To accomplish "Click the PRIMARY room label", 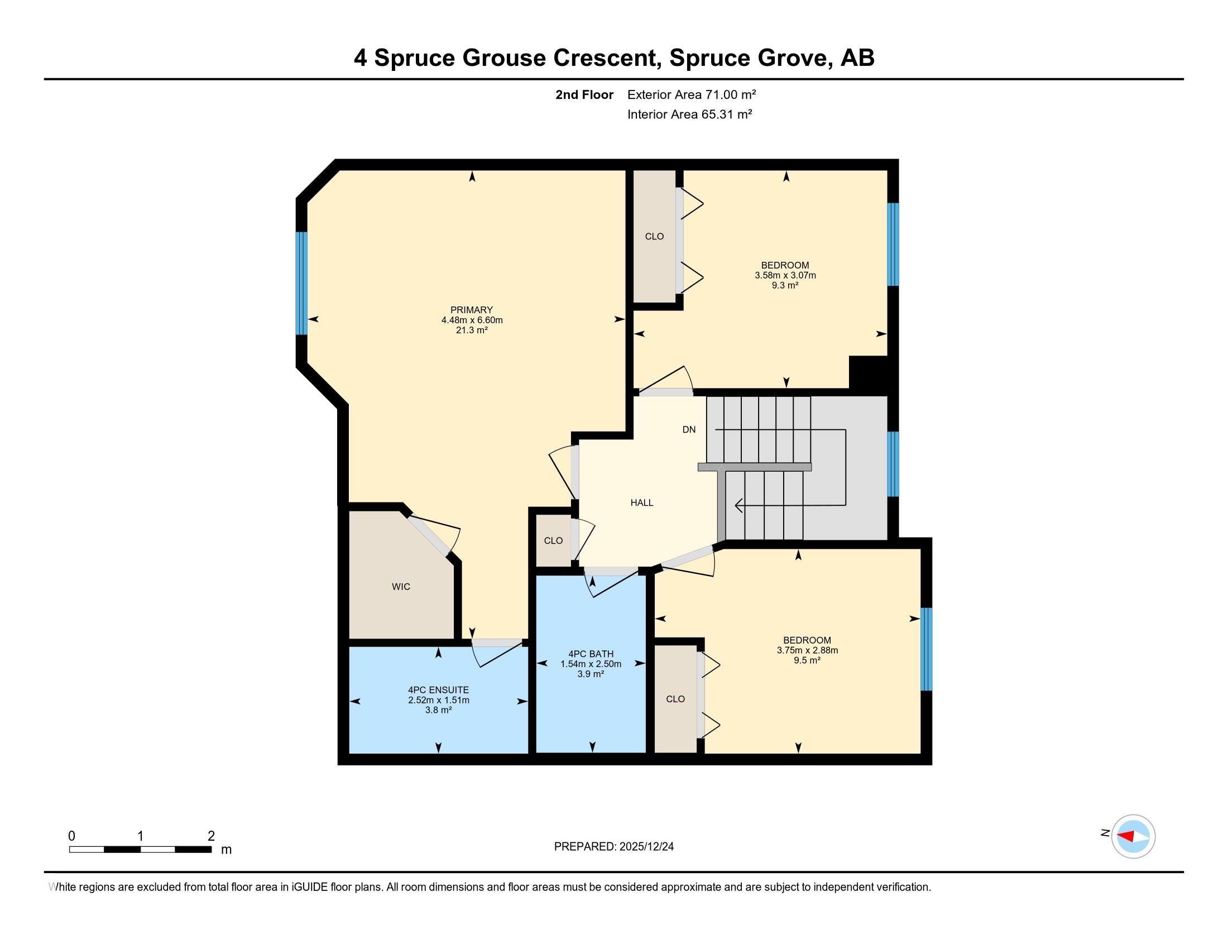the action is coord(471,310).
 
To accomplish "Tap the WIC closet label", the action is coord(401,586).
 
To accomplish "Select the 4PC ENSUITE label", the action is coord(439,690).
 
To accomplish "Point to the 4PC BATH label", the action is coord(591,654).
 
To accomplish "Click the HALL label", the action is coord(641,502).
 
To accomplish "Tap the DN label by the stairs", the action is coord(689,429).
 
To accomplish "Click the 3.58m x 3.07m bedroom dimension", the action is coord(785,275).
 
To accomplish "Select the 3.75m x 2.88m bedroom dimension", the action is coord(808,650).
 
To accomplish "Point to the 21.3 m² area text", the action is coord(471,330).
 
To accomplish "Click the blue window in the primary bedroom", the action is coord(302,284).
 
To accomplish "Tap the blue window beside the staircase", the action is coord(893,464).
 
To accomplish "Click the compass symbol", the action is coord(1133,836).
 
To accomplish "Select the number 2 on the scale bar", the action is coord(212,836).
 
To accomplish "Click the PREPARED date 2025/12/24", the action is coord(645,847).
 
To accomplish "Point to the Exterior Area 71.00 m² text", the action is coord(692,94).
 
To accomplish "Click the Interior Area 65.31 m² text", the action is coord(690,114).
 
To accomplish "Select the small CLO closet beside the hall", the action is coord(553,540).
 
